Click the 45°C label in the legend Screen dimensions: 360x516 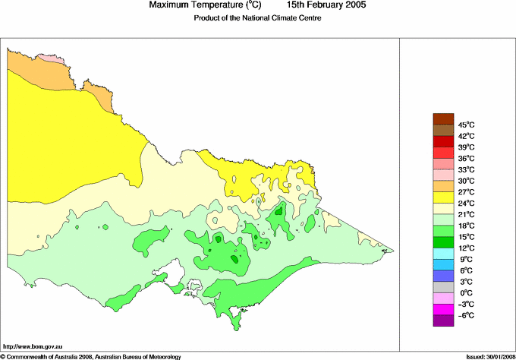[x=466, y=125]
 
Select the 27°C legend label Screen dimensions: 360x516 [x=466, y=192]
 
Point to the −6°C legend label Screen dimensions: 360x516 [x=466, y=315]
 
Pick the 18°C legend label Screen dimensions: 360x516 [x=466, y=226]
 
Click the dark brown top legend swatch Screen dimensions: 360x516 [x=443, y=118]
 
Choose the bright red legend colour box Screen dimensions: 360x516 [x=443, y=141]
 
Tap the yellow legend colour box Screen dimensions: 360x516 [x=443, y=197]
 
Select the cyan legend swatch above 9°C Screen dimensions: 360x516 [x=443, y=253]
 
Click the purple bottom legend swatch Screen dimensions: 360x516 [x=443, y=321]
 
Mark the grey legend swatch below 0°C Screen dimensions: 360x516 [x=443, y=298]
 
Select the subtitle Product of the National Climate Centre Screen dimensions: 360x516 [x=258, y=18]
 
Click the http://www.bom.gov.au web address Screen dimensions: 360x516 [x=32, y=345]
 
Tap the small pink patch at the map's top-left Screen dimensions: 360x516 [x=47, y=58]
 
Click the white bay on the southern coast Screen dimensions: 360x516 [x=175, y=272]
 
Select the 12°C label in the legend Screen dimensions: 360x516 [x=466, y=248]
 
